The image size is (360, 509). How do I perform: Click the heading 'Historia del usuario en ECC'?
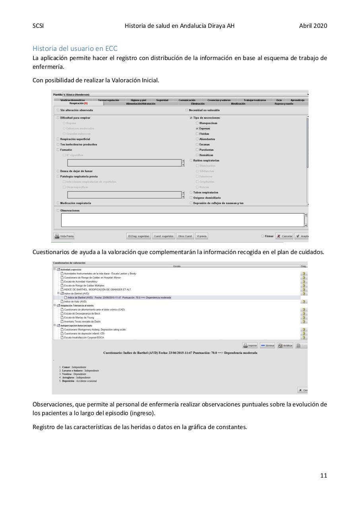[75, 49]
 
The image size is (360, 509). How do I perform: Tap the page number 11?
[323, 475]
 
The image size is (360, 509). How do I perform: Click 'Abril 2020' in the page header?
[313, 26]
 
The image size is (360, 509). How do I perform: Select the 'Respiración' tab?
[78, 103]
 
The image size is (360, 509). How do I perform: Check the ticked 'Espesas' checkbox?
[197, 128]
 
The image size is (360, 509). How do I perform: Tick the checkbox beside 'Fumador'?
[58, 150]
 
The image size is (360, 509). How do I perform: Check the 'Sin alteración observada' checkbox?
[58, 110]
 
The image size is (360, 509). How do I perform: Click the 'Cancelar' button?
[285, 236]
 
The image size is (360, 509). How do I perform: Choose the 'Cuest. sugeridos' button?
[163, 236]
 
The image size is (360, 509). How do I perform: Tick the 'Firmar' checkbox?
[263, 236]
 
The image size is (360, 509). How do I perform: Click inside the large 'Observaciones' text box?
[182, 220]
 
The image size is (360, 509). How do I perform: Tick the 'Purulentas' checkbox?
[197, 150]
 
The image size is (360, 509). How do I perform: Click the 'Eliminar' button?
[268, 346]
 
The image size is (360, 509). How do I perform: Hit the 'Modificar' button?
[285, 346]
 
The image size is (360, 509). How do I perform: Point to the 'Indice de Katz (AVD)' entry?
[75, 301]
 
